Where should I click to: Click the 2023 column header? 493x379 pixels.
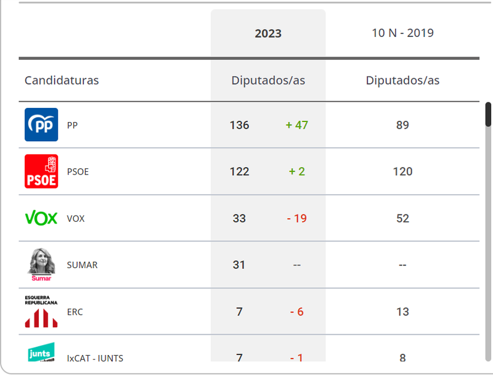[268, 33]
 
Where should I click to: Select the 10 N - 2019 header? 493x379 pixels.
[402, 33]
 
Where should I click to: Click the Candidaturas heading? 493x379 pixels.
[62, 80]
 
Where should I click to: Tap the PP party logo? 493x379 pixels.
[41, 124]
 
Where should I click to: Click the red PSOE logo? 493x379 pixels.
[41, 171]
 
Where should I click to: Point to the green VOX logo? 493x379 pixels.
[41, 218]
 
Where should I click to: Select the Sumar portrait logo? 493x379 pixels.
[41, 265]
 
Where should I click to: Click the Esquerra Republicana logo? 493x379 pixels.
[41, 312]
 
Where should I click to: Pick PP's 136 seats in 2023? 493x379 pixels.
[239, 125]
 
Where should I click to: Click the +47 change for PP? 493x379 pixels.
[296, 125]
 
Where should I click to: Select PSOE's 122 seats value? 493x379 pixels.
[239, 171]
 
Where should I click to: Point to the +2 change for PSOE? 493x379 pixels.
[297, 171]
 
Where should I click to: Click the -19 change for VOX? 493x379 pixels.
[296, 218]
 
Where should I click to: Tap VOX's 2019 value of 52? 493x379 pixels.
[402, 218]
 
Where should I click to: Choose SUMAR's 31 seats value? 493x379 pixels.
[239, 265]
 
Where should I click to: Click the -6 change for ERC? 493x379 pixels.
[296, 312]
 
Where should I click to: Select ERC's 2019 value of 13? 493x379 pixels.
[402, 312]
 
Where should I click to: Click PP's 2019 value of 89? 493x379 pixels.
[402, 125]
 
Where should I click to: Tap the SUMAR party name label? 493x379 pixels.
[82, 265]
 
